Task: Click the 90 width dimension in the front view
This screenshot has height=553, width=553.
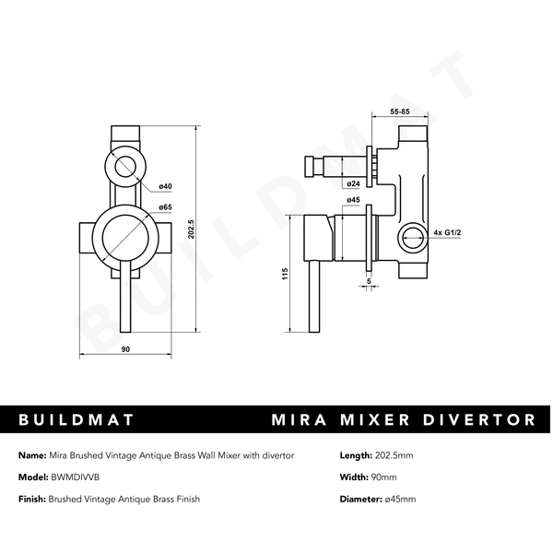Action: [x=124, y=349]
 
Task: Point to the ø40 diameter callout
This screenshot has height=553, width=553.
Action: [x=166, y=187]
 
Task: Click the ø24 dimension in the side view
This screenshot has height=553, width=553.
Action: [x=354, y=182]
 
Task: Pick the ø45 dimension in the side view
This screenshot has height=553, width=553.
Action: [x=353, y=199]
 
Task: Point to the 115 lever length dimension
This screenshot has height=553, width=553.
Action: [x=288, y=274]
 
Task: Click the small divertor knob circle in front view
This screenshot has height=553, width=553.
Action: [x=125, y=168]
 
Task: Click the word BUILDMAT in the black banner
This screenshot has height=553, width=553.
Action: [x=76, y=420]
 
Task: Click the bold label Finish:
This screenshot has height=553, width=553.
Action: [x=33, y=499]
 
